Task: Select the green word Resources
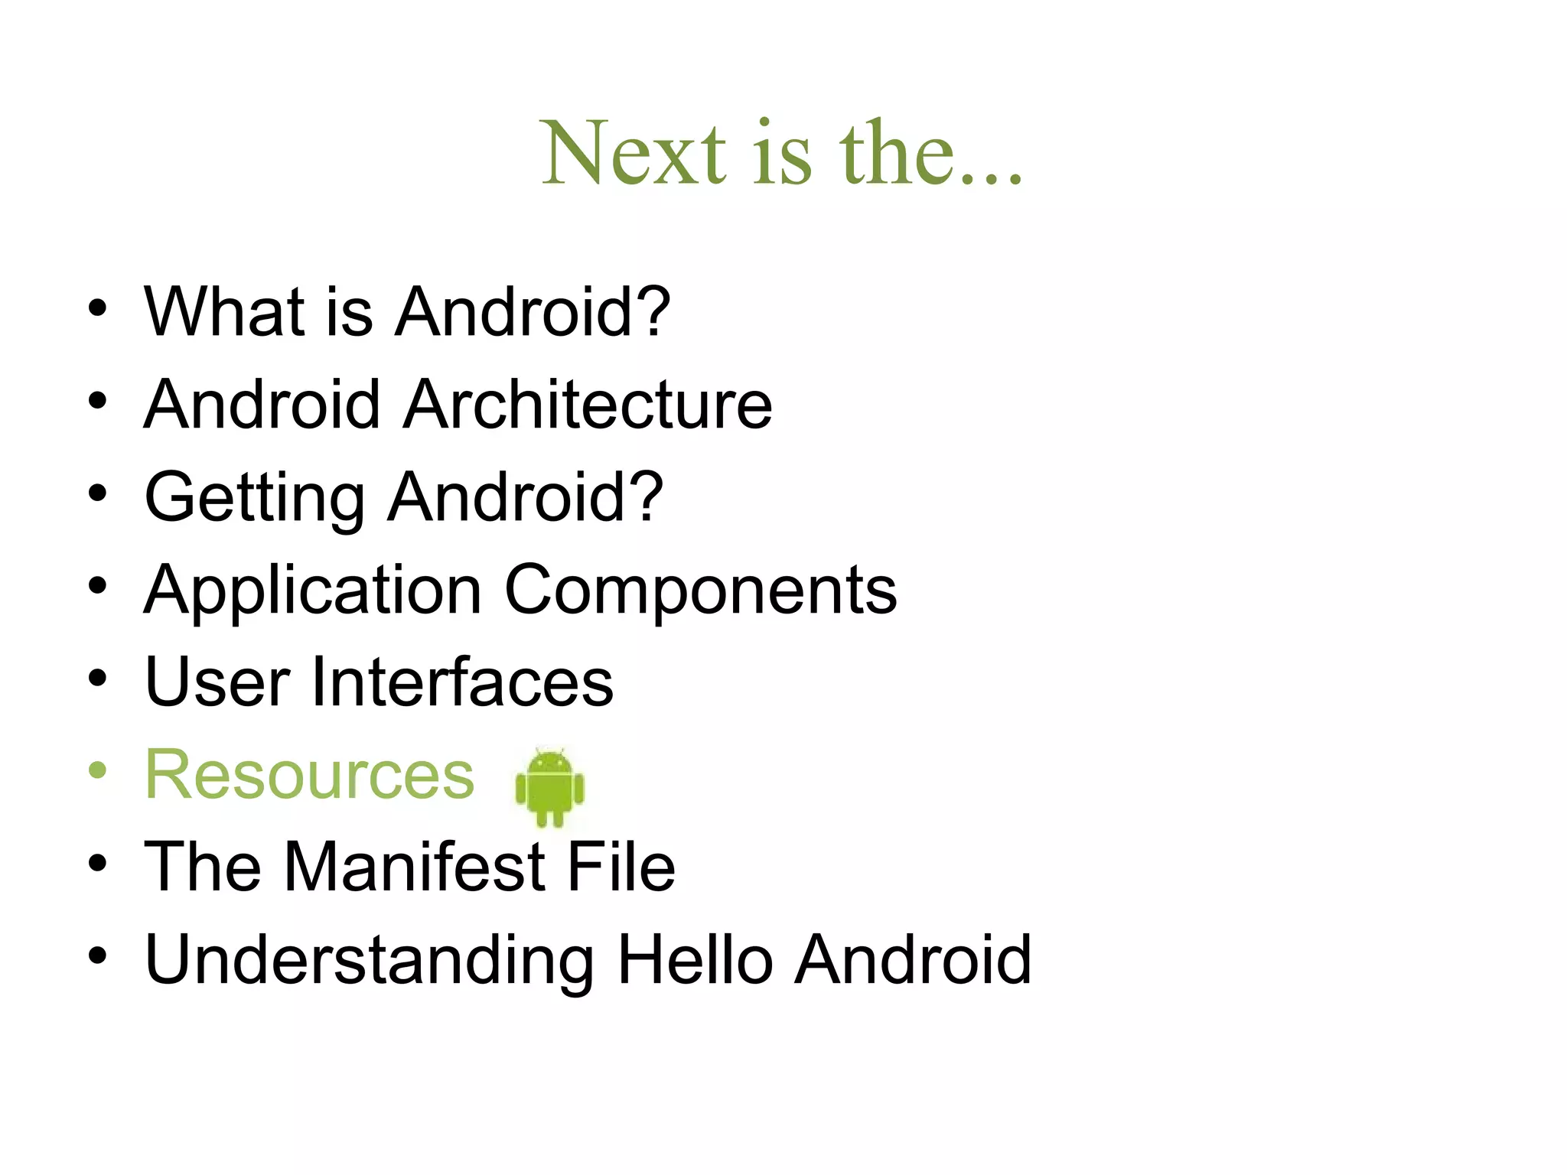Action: pos(310,775)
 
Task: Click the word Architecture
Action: pos(587,405)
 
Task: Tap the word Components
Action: pos(700,590)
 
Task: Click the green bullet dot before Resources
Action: pos(97,770)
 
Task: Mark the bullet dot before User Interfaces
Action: pos(97,678)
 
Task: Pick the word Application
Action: pos(313,590)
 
